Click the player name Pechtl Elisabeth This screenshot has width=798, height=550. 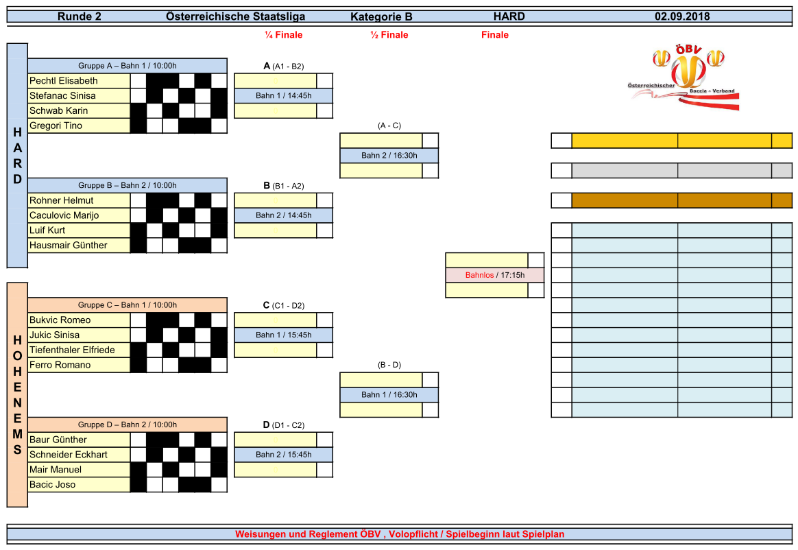point(64,81)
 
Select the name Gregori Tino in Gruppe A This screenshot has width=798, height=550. point(56,125)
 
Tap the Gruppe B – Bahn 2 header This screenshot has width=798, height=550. point(127,185)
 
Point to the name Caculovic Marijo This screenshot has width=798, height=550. point(64,215)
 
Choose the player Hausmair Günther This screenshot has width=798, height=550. point(68,245)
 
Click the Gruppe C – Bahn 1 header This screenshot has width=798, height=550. point(127,305)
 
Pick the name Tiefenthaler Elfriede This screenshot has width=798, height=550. point(72,350)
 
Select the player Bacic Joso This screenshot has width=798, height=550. point(52,484)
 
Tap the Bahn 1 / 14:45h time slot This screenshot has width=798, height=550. point(283,96)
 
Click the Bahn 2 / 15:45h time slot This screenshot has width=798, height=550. point(283,455)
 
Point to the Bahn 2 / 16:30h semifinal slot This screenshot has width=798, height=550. point(389,156)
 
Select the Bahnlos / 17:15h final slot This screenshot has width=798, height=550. point(494,276)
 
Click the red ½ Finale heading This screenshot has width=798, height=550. point(389,35)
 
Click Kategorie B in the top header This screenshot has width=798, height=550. point(381,17)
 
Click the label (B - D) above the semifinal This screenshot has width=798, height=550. point(389,365)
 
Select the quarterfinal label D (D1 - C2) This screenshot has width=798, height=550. point(283,425)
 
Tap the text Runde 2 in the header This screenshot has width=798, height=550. point(80,16)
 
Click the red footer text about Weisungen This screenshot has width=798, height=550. point(400,534)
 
